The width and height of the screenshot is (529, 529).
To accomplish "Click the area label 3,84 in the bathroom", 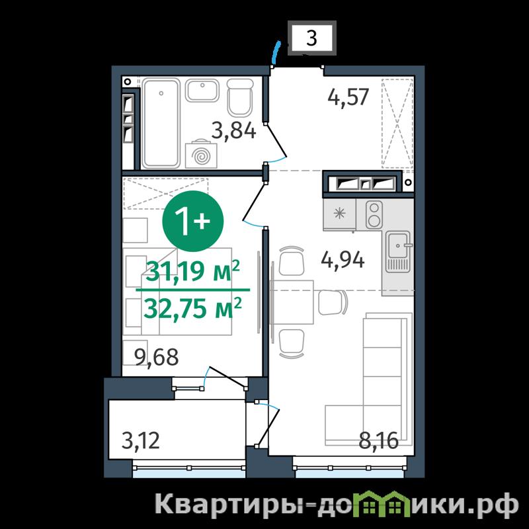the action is [234, 131].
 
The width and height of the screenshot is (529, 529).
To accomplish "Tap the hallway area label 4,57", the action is [349, 97].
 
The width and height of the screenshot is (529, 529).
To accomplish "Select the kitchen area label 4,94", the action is [343, 261].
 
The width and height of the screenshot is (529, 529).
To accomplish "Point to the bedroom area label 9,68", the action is [156, 357].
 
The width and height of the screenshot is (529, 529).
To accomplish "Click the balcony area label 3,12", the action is [140, 440].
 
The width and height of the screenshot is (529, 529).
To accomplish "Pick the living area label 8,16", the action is [378, 440].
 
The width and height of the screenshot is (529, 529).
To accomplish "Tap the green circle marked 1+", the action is [193, 221].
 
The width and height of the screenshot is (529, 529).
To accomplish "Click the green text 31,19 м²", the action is [192, 272].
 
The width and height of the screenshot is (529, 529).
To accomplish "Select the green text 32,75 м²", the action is [192, 309].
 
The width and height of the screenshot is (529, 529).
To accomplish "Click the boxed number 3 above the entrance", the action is [312, 38].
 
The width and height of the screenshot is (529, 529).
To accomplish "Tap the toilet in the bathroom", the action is [240, 97].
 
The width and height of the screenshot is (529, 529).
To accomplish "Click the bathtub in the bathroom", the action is [161, 123].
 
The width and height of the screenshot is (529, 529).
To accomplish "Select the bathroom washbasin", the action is [202, 91].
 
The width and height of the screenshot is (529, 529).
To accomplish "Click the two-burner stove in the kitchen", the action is [374, 214].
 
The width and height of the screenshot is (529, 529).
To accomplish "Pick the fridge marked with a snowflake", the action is [339, 214].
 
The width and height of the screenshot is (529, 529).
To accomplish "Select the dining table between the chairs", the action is [292, 302].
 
